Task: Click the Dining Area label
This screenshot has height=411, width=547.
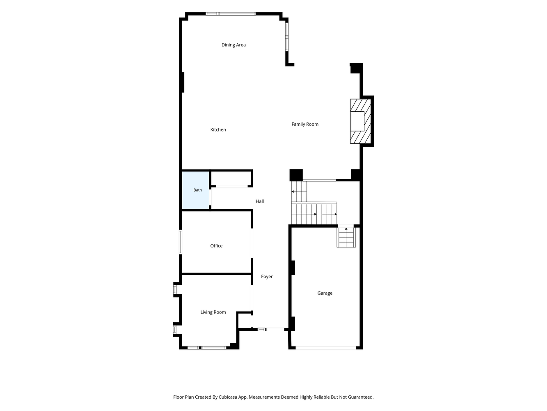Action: click(233, 45)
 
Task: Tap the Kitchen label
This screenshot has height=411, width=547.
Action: click(218, 129)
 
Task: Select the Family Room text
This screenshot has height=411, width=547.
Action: click(305, 124)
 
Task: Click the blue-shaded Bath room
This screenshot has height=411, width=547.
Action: click(196, 190)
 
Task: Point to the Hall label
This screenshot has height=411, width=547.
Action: click(260, 201)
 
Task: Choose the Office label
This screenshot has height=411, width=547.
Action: click(216, 246)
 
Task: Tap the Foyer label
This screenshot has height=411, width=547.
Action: click(267, 277)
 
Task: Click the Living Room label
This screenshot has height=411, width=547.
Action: click(213, 312)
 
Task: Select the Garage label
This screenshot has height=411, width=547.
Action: click(325, 293)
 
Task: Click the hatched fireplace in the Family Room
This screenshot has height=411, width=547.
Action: click(360, 121)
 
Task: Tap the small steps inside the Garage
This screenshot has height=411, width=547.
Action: click(346, 237)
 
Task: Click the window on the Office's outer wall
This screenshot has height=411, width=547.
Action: click(181, 242)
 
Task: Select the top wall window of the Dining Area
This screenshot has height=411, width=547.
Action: click(231, 14)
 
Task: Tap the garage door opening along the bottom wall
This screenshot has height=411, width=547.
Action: click(326, 348)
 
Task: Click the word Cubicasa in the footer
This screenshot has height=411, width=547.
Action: click(228, 397)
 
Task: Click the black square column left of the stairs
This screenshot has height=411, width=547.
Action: click(296, 175)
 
